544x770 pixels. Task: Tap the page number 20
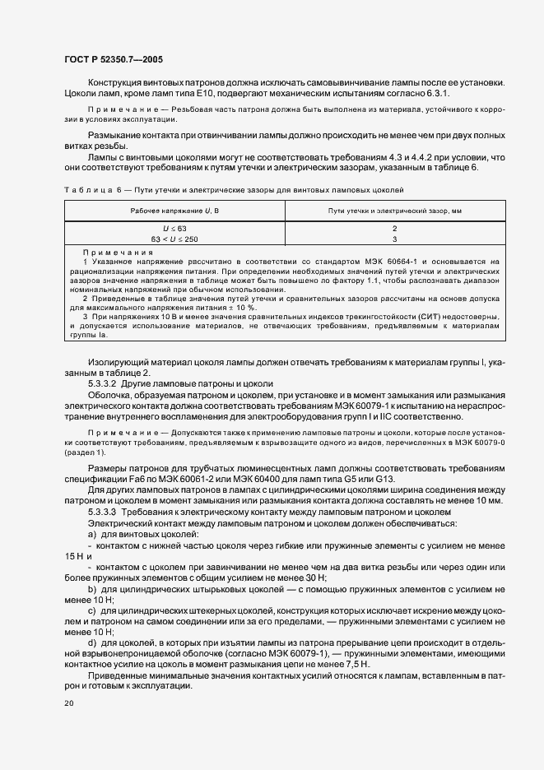coord(68,704)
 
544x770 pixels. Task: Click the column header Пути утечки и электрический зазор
coord(394,211)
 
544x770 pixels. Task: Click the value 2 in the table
coord(394,227)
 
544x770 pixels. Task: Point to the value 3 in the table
coord(394,238)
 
